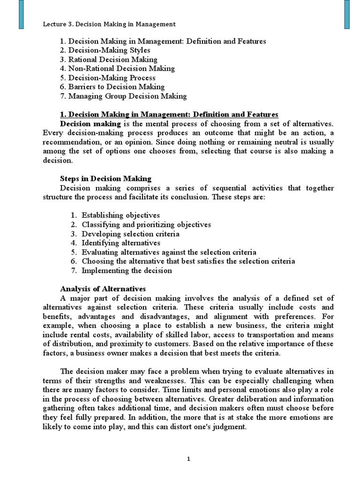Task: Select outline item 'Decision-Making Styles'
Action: (x=112, y=51)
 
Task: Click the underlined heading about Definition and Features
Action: (x=169, y=115)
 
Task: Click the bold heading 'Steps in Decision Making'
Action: (x=105, y=179)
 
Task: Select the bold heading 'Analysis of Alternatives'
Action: (x=103, y=288)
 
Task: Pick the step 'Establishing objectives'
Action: (x=120, y=216)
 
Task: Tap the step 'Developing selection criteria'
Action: (x=130, y=234)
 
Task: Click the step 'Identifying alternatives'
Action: (x=121, y=243)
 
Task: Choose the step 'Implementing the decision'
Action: (x=127, y=270)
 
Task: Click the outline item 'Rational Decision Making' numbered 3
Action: (x=113, y=60)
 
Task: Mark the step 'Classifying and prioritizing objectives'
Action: (x=146, y=225)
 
